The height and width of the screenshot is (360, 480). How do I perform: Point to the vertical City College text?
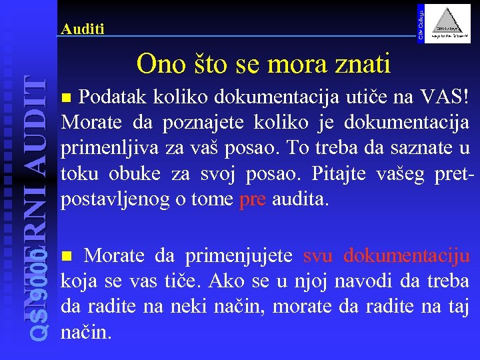pyautogui.click(x=420, y=21)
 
